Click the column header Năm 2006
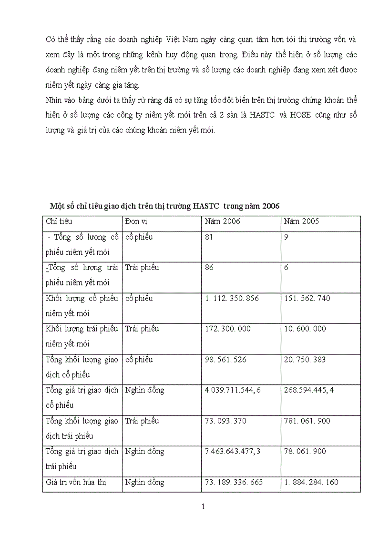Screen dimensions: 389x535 pos(222,222)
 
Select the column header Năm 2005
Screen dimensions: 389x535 pos(301,222)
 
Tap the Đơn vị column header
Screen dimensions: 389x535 pos(137,222)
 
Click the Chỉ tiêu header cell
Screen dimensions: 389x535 pos(59,222)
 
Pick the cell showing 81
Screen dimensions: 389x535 pos(209,237)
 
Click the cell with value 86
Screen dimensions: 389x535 pos(209,268)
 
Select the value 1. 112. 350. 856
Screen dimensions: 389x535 pos(232,299)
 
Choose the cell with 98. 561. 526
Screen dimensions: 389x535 pos(225,360)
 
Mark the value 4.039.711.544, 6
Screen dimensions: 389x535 pos(233,390)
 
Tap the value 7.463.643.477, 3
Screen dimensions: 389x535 pos(233,452)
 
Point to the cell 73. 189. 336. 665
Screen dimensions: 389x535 pos(233,482)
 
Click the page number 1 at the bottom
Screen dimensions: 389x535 pos(203,507)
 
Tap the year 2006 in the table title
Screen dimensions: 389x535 pos(270,206)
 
